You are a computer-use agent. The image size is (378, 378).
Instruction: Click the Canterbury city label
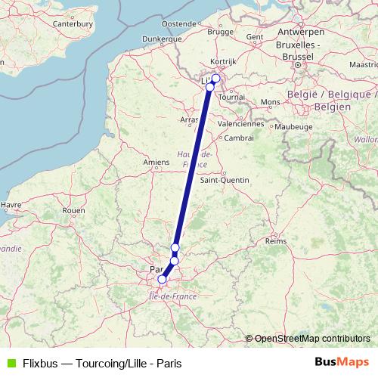coord(72,23)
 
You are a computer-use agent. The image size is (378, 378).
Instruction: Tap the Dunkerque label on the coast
coord(163,38)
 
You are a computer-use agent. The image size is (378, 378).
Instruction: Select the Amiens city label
coord(156,162)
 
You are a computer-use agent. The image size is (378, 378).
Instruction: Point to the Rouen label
coord(73,210)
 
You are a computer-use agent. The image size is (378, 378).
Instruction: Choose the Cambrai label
coord(239,138)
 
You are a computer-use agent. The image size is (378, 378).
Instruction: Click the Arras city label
coord(189,119)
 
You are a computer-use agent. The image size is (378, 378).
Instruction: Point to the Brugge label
coord(220,33)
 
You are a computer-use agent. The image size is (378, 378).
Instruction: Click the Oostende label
coord(178,24)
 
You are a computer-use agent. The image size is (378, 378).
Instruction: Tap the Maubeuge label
coord(294,127)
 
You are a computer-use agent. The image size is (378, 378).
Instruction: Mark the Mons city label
coord(270,101)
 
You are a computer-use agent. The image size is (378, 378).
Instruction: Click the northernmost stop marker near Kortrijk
coord(215,78)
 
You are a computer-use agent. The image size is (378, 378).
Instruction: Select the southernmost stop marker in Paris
coord(161,280)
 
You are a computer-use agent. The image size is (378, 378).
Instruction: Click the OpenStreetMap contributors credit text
coord(312,338)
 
